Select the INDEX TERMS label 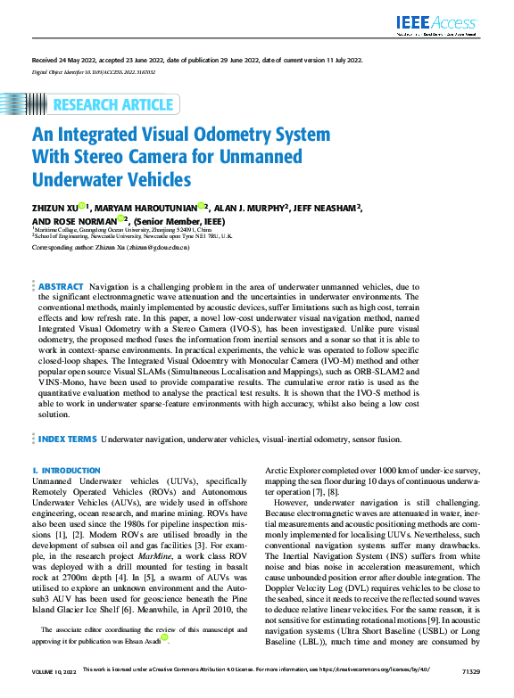point(67,439)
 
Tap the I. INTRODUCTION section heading point(66,470)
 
